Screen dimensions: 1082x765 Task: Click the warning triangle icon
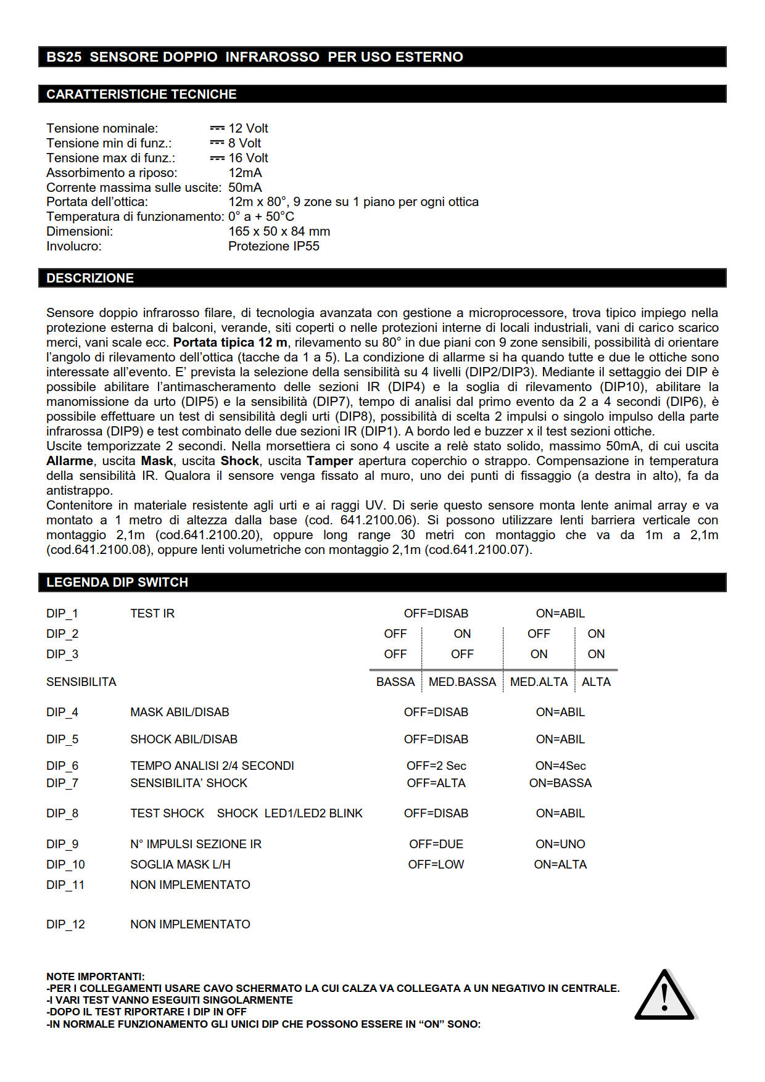coord(664,996)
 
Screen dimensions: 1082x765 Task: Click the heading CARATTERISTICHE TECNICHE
coord(141,94)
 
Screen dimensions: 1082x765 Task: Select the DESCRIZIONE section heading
coord(90,278)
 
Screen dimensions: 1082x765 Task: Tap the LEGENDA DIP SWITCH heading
coord(117,582)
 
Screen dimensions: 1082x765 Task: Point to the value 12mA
coord(245,173)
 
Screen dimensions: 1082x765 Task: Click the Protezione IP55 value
coord(273,246)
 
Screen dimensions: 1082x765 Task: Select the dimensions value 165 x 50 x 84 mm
coord(279,231)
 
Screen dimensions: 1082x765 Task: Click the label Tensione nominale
coord(102,128)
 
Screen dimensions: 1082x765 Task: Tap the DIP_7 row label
coord(62,783)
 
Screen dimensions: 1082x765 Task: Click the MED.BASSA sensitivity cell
coord(462,682)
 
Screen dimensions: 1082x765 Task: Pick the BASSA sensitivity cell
coord(395,682)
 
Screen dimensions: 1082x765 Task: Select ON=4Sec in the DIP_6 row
coord(560,766)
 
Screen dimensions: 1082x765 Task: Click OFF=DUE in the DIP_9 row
coord(436,844)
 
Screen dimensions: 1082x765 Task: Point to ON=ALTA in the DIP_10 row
coord(560,864)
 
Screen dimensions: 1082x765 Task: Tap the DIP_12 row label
coord(65,924)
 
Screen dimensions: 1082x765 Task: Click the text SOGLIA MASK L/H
coord(180,864)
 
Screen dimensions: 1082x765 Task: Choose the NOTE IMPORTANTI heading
coord(96,977)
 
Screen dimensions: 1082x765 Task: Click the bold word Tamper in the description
coord(329,461)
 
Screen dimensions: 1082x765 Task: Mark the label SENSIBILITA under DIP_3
coord(81,682)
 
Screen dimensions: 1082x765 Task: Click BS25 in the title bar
coord(64,57)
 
